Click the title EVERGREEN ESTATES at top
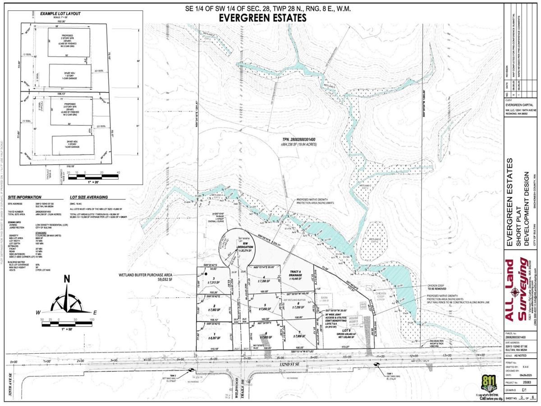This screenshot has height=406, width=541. point(262,18)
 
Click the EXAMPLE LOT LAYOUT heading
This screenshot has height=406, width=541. point(60,14)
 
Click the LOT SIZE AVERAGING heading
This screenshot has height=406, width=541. point(89,197)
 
